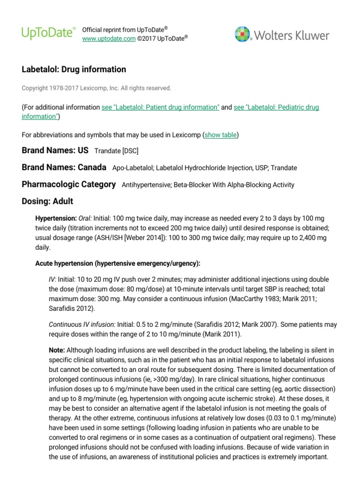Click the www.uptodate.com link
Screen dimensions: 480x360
pyautogui.click(x=109, y=38)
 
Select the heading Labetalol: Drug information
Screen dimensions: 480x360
pyautogui.click(x=74, y=69)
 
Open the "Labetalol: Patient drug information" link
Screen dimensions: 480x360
pyautogui.click(x=160, y=107)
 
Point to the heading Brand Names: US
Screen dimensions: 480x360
pyautogui.click(x=55, y=150)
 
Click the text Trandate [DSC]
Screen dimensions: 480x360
pyautogui.click(x=116, y=151)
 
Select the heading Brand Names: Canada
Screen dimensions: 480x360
pyautogui.click(x=64, y=167)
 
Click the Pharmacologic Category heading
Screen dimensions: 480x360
pyautogui.click(x=68, y=184)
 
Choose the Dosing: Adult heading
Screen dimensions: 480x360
pyautogui.click(x=47, y=201)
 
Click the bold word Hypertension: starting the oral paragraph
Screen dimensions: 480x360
pyautogui.click(x=56, y=218)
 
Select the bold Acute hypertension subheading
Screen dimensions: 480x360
pyautogui.click(x=121, y=263)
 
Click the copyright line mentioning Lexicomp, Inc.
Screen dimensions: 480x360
pyautogui.click(x=97, y=88)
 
